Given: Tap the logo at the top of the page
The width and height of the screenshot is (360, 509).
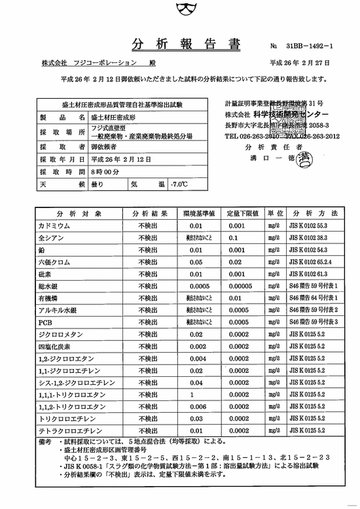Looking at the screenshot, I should [x=180, y=10].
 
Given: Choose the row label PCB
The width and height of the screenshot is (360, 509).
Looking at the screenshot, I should [x=45, y=322].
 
